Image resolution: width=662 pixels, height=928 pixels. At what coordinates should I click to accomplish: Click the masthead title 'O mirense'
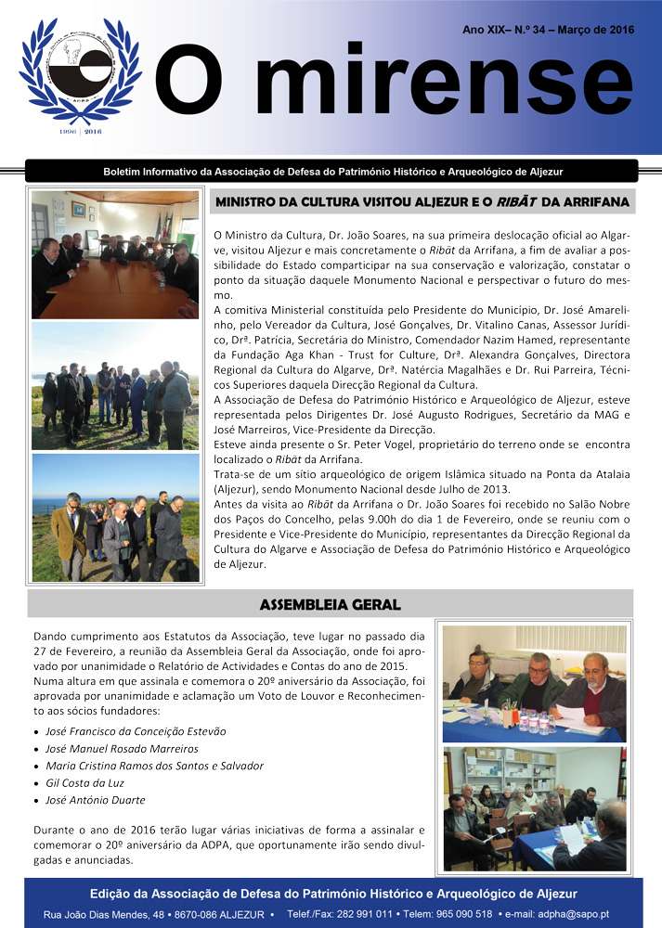point(394,84)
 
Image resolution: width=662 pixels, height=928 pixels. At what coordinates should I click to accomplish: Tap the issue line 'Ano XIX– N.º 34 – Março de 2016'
point(548,31)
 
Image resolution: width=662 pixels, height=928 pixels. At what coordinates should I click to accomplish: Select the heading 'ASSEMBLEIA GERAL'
point(330,605)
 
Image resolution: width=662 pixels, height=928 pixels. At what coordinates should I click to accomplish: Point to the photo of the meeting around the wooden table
point(115,254)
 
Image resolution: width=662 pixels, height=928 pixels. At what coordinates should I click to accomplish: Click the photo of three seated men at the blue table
point(534,683)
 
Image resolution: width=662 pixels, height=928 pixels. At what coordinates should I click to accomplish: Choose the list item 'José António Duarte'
point(96,800)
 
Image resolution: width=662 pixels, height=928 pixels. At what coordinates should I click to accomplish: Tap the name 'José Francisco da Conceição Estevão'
point(136,731)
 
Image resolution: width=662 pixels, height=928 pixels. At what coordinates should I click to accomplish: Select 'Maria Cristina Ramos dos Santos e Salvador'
point(154,766)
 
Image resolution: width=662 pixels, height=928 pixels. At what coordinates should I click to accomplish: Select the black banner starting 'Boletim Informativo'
point(331,172)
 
